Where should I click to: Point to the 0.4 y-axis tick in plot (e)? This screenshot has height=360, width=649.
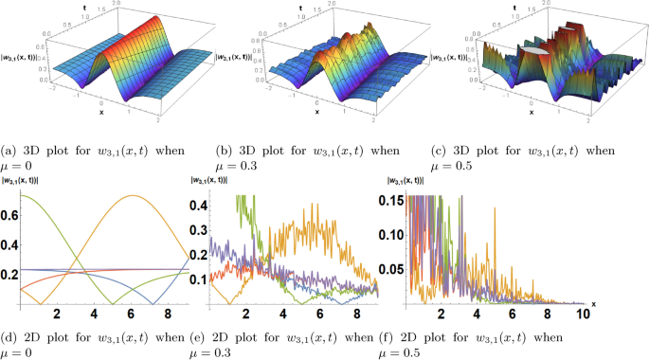201,204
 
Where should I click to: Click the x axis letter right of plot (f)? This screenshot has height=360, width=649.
594,302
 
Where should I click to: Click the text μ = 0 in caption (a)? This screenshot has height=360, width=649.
20,163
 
